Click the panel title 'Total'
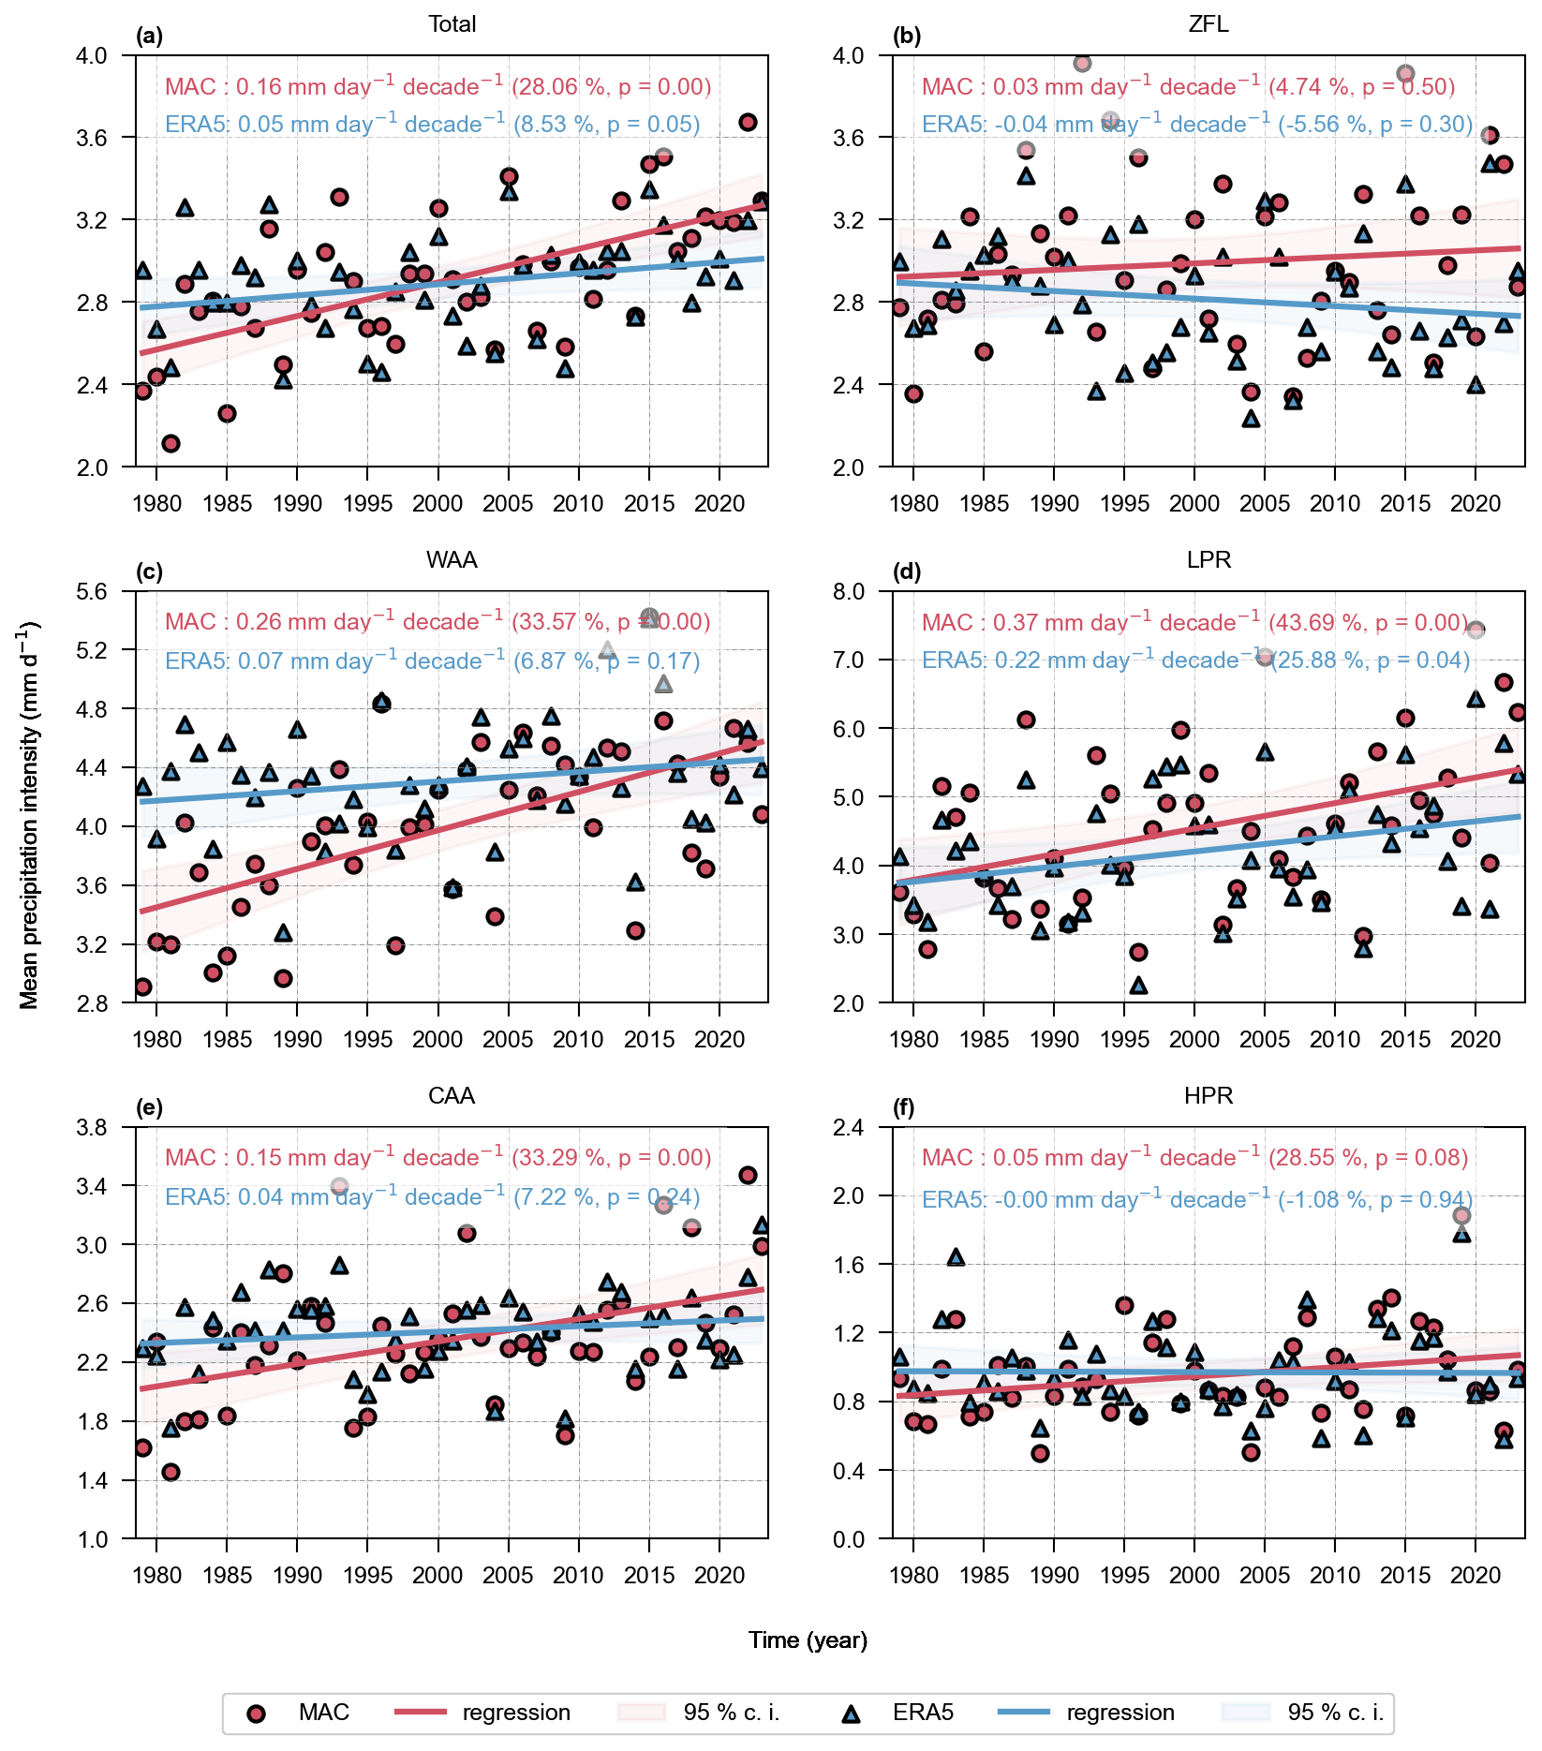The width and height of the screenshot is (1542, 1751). coord(452,24)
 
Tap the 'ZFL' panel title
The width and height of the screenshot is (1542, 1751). coord(1208,24)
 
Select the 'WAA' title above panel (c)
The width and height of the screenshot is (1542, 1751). coord(452,560)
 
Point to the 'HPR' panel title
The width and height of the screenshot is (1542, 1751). coord(1208,1096)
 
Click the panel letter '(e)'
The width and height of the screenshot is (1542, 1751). coord(149,1108)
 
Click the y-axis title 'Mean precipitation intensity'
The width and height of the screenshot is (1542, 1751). coord(29,815)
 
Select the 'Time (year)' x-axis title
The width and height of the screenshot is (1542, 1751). coord(808,1640)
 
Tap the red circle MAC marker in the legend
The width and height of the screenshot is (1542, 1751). coord(256,1714)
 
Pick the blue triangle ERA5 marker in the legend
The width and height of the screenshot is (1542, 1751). coord(851,1714)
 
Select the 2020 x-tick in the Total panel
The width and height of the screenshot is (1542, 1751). coord(719,503)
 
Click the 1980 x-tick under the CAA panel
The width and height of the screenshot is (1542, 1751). coord(156,1575)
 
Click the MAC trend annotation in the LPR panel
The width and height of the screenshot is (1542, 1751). coord(1194,622)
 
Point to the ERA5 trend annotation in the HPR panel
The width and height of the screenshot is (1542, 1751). coord(1196,1199)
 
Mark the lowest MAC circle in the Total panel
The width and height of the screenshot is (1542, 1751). coord(171,443)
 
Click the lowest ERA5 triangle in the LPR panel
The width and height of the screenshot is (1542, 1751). coord(1138,985)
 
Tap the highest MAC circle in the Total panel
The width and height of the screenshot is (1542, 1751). coord(748,122)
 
